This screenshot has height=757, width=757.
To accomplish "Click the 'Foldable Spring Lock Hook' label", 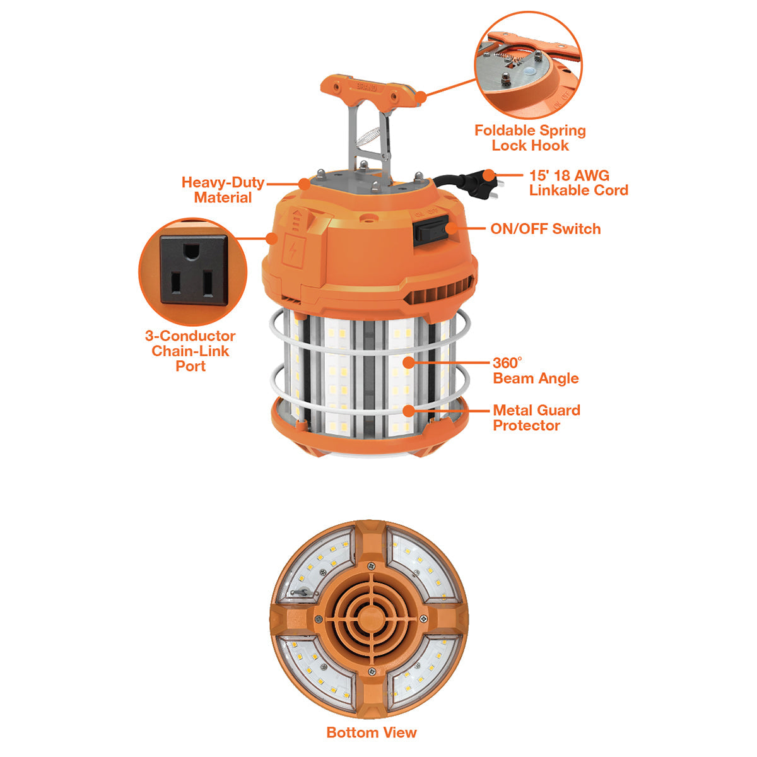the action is pyautogui.click(x=529, y=138).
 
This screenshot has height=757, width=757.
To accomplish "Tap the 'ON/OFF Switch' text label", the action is pyautogui.click(x=545, y=228).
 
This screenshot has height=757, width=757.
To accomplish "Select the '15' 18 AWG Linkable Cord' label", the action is pyautogui.click(x=578, y=183).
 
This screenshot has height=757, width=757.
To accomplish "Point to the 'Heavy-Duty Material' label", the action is pyautogui.click(x=223, y=190).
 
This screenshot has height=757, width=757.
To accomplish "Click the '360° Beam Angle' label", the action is pyautogui.click(x=536, y=370).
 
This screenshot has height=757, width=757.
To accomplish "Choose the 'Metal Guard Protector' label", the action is pyautogui.click(x=536, y=418).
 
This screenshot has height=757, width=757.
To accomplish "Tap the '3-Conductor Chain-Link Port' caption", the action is pyautogui.click(x=190, y=351).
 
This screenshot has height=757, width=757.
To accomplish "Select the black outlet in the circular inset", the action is pyautogui.click(x=193, y=270).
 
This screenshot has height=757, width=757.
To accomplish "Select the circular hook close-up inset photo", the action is pyautogui.click(x=529, y=65).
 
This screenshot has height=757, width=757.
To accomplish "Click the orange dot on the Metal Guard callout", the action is pyautogui.click(x=409, y=411).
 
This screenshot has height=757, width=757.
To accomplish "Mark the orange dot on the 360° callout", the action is pyautogui.click(x=409, y=363).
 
